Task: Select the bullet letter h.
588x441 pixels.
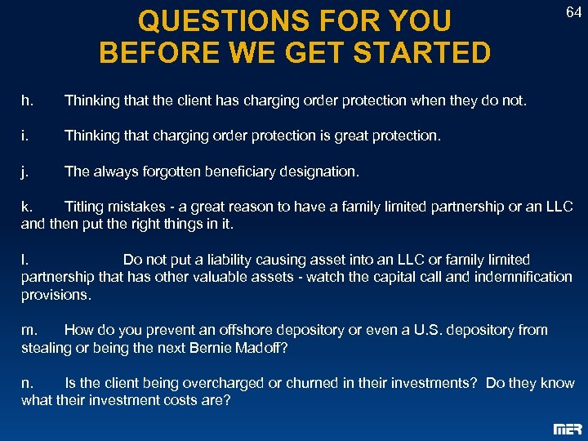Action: [27, 100]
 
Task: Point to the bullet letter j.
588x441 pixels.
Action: [25, 171]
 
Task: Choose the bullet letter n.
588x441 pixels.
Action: [27, 383]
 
